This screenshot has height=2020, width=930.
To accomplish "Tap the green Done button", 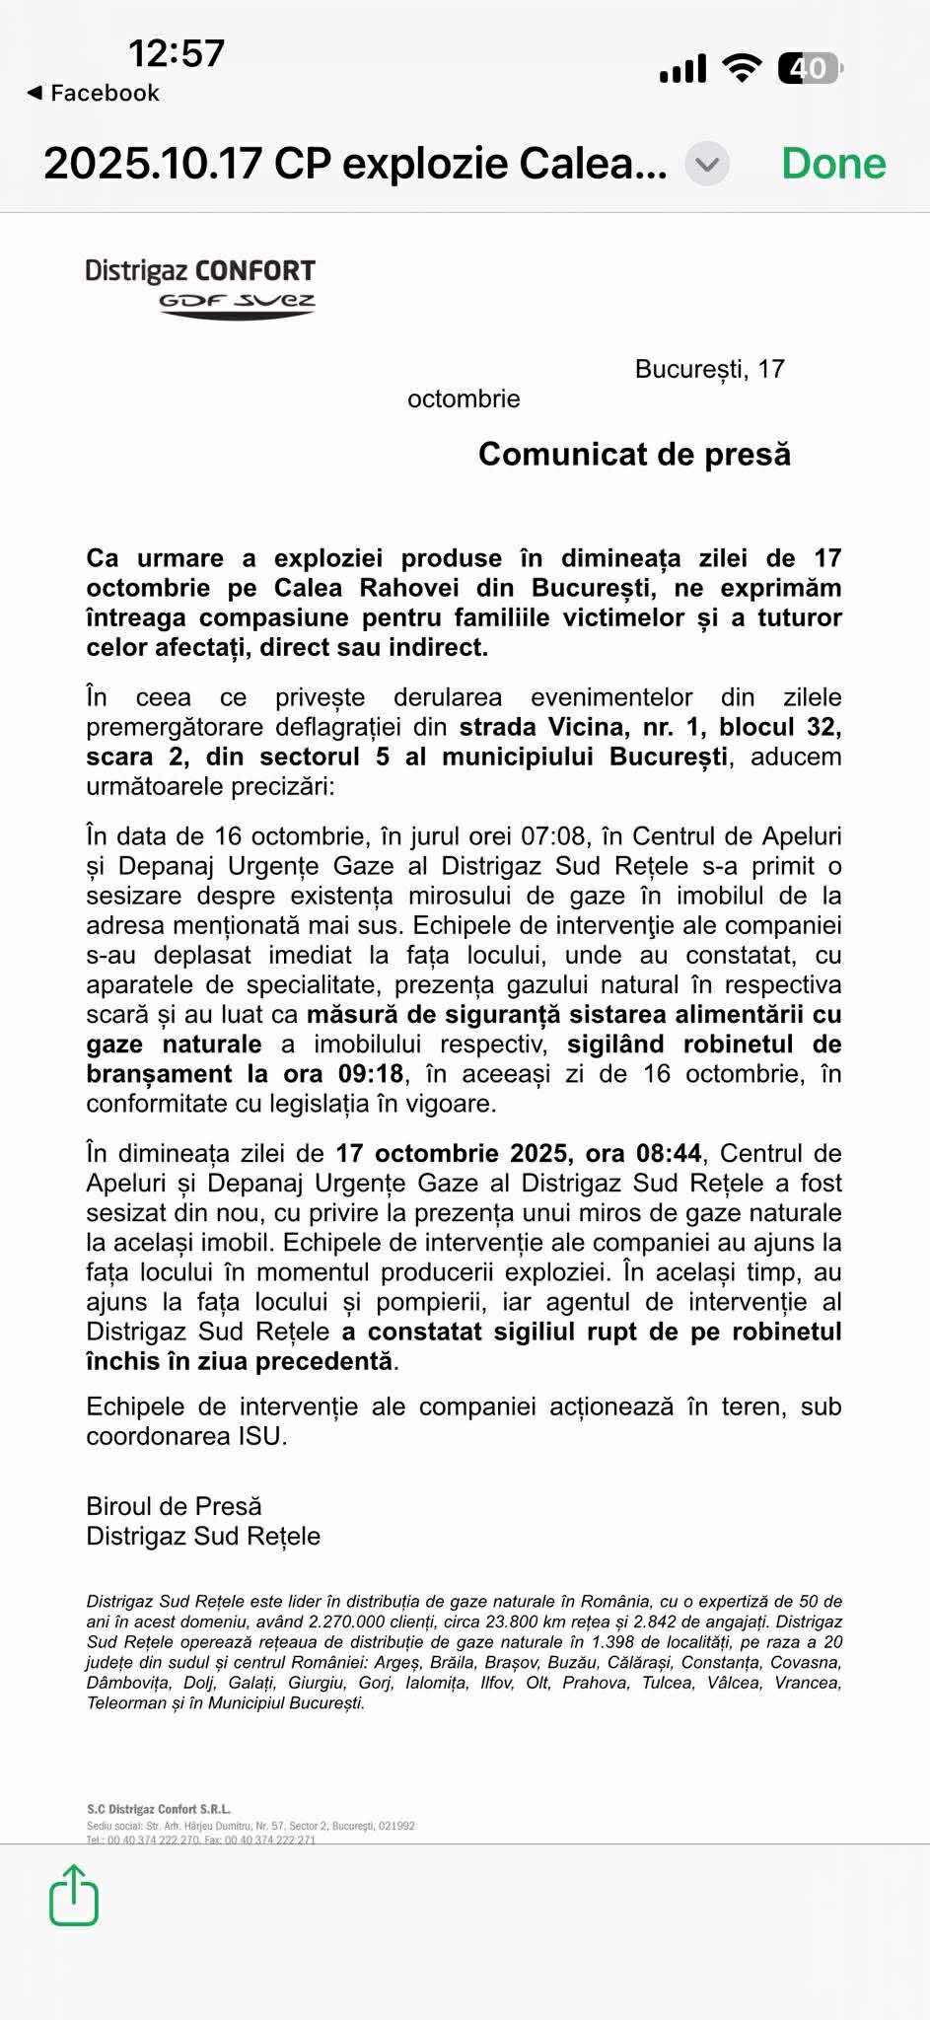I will click(x=833, y=163).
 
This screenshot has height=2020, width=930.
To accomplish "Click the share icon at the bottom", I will click(x=74, y=1895).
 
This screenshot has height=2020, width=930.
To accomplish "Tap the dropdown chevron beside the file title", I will click(x=707, y=164).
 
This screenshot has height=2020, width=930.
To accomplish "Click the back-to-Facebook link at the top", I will click(x=93, y=93).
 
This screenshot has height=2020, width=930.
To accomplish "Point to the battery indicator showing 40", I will click(x=810, y=68).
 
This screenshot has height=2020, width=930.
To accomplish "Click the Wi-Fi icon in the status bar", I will click(x=741, y=68).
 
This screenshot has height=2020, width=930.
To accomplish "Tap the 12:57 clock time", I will click(x=177, y=53).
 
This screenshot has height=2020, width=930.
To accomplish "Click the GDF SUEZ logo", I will click(x=237, y=303).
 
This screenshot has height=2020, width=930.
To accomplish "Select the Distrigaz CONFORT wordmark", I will click(x=200, y=271).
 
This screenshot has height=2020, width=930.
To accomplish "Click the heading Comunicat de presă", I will click(x=634, y=454).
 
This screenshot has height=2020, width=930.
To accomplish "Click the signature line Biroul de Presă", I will click(x=174, y=1506).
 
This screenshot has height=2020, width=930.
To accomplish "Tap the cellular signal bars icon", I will click(x=682, y=68).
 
